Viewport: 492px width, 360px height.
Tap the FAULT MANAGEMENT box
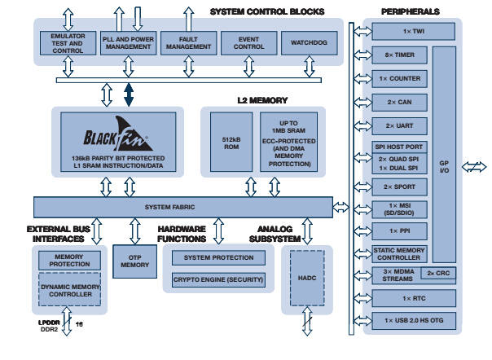(188, 43)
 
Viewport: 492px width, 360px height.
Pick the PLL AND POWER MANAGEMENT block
(129, 43)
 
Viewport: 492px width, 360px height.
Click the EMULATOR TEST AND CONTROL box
(68, 43)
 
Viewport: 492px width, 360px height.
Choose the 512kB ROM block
(231, 141)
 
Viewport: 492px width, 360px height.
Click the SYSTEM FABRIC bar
(182, 207)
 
